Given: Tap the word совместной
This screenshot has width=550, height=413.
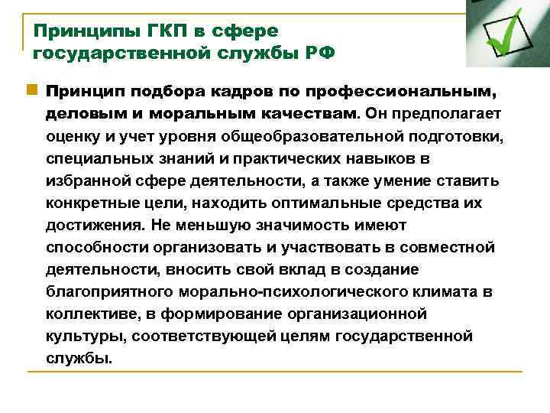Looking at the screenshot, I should tap(451, 248).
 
